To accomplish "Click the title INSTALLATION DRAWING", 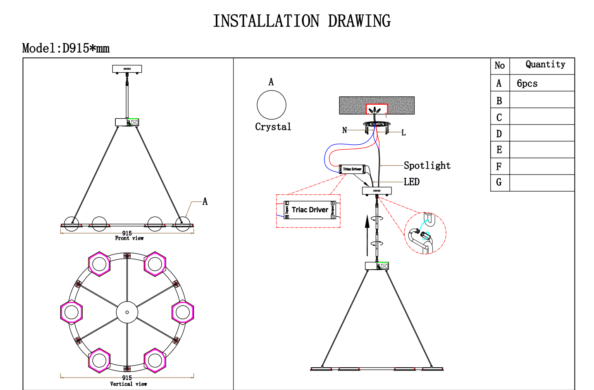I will (302, 21).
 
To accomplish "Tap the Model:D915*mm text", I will (66, 48).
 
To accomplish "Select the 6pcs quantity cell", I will (527, 84).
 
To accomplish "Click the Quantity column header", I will (545, 65).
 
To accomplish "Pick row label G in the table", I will (499, 182).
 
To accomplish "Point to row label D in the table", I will (499, 134).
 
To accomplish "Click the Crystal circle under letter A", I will (272, 105).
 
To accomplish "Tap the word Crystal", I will (273, 127).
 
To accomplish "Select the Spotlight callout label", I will (427, 165).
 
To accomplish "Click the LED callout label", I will (411, 182).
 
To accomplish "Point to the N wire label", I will (344, 130).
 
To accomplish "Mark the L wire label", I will (403, 133).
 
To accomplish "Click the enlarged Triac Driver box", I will (310, 210).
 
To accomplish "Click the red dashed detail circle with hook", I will (425, 233).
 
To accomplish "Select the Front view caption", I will (129, 238).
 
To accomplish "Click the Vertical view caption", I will (128, 384).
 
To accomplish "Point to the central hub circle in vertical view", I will (127, 312).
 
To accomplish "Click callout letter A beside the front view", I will (205, 202).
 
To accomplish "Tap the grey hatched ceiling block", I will (351, 105).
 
